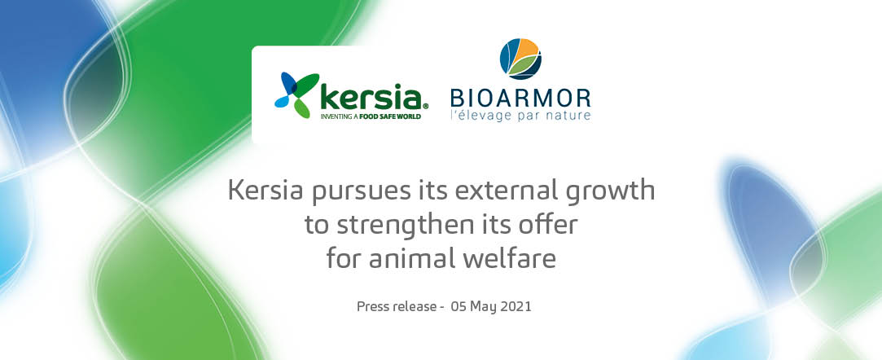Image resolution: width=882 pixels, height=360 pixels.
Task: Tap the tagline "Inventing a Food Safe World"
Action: click(371, 116)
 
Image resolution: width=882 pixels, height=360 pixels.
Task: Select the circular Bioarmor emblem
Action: click(520, 59)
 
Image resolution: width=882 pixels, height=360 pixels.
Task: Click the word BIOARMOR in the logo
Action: click(521, 98)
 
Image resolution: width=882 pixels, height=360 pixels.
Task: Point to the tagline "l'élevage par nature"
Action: click(521, 116)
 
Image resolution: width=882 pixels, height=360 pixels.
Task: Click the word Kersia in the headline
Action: click(265, 191)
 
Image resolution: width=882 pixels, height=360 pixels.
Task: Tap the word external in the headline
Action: click(507, 191)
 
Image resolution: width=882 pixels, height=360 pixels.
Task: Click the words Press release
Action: click(397, 307)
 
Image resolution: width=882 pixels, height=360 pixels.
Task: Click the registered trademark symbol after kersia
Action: click(425, 105)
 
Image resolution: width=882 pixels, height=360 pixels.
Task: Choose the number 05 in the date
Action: click(458, 306)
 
